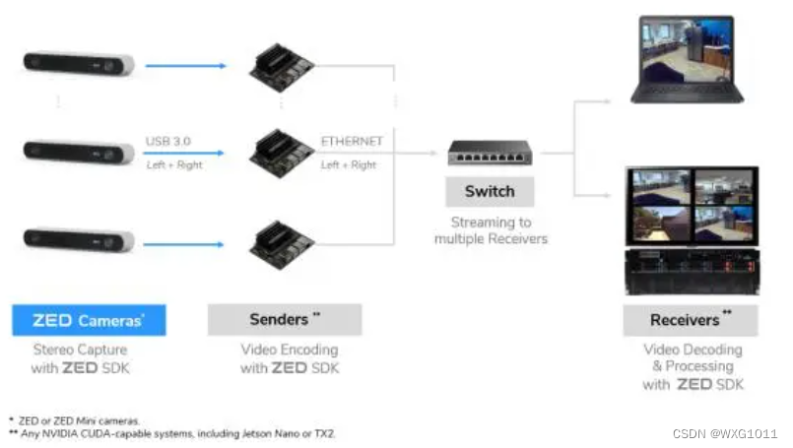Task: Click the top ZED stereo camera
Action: [x=79, y=65]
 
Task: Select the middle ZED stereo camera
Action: [x=79, y=153]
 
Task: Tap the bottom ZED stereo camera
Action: [x=79, y=239]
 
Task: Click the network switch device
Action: [x=490, y=153]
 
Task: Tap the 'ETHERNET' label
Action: [x=352, y=141]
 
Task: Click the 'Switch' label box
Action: [x=490, y=191]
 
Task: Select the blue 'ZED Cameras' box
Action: [x=89, y=320]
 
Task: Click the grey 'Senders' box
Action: [x=285, y=320]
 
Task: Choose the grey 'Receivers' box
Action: [x=691, y=320]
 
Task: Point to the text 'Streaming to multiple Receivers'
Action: [x=491, y=230]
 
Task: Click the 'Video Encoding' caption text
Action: [x=289, y=350]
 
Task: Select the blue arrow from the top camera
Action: [x=185, y=66]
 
